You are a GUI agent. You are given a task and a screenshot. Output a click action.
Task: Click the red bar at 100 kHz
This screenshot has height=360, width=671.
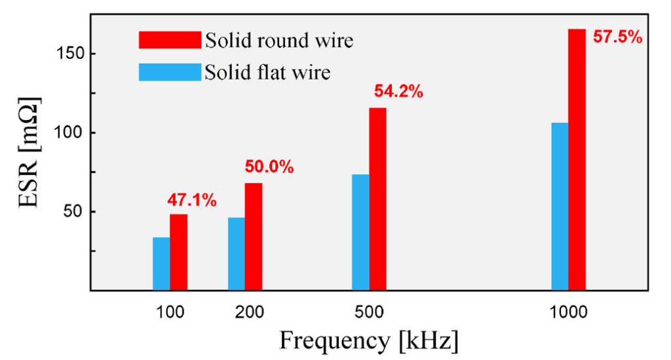pos(178,252)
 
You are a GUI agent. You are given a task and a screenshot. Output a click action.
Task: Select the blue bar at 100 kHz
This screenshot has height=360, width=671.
pos(161,264)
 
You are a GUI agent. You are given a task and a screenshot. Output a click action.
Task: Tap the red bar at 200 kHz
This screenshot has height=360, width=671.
pos(254,236)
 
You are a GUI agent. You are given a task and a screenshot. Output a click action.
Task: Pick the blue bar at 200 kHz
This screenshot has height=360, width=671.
pos(236,254)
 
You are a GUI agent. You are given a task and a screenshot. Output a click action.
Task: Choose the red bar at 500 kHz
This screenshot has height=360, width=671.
pos(377,199)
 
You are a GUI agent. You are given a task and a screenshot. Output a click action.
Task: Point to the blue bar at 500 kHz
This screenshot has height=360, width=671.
pos(360,232)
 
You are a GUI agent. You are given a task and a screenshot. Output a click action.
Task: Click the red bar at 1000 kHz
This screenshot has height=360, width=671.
pos(577,159)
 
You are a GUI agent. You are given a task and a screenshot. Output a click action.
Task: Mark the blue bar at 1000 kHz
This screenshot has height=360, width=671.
pos(560,206)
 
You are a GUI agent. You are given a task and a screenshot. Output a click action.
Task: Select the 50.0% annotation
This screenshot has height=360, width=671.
pos(269,167)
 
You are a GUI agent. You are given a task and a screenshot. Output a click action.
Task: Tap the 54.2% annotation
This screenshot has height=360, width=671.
pos(398,92)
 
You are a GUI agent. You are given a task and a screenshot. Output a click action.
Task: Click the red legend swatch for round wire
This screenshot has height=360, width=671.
pos(170,40)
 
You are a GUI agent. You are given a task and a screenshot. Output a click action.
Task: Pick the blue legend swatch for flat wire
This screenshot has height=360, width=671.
pos(170,71)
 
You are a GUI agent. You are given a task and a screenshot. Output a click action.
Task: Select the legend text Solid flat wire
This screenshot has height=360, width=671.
pos(267,71)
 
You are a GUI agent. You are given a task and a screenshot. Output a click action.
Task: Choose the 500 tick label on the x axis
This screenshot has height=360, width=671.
pos(370,311)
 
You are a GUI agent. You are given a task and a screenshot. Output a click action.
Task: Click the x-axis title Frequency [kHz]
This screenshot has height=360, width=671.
pos(368,341)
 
